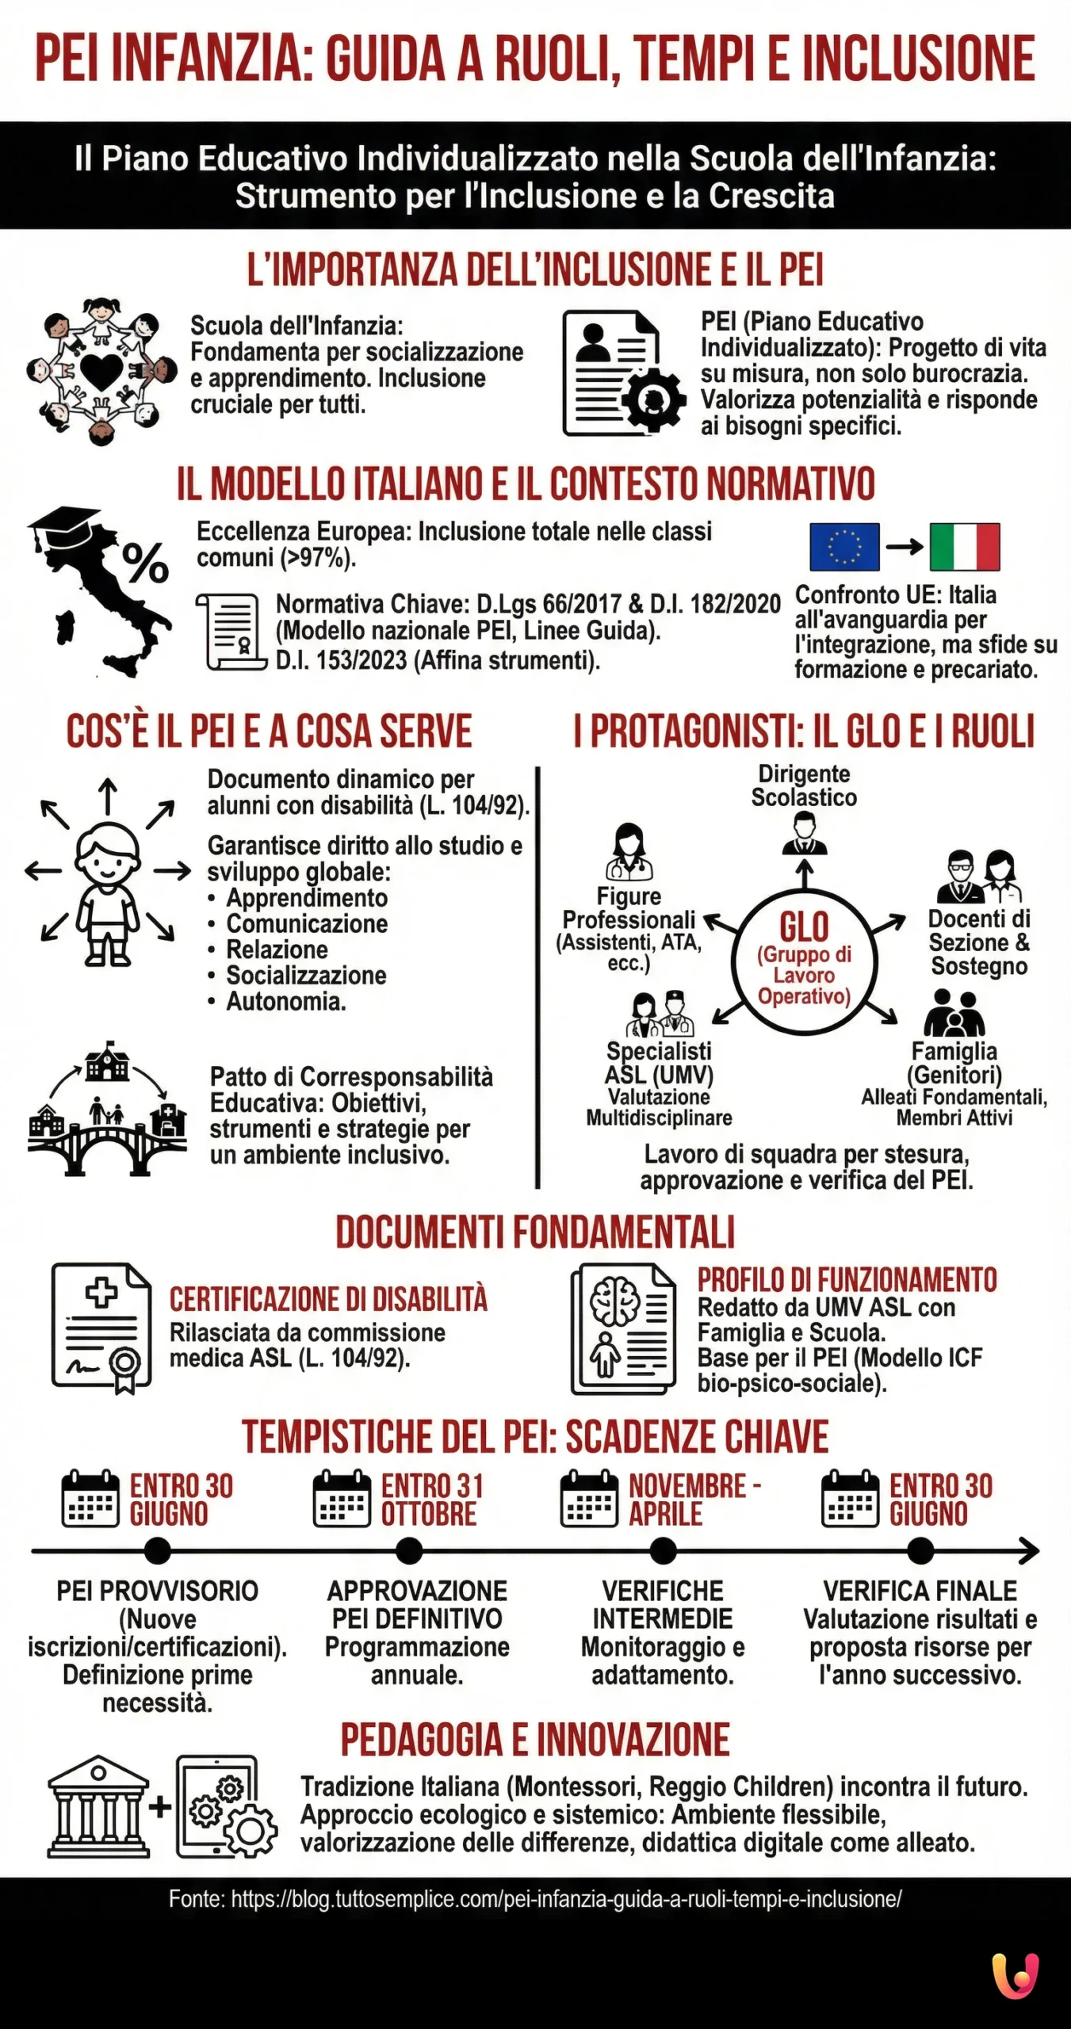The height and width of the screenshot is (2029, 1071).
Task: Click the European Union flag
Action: pyautogui.click(x=844, y=546)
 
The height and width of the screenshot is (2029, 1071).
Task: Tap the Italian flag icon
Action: pyautogui.click(x=964, y=546)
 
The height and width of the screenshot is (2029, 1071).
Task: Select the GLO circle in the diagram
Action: pyautogui.click(x=804, y=961)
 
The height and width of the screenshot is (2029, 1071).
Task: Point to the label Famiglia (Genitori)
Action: pyautogui.click(x=954, y=1063)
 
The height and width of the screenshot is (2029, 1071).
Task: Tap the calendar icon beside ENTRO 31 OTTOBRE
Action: pyautogui.click(x=342, y=1499)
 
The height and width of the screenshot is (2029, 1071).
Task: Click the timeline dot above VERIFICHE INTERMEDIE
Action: pyautogui.click(x=663, y=1550)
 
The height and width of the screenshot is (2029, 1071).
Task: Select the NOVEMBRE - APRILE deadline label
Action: pyautogui.click(x=694, y=1499)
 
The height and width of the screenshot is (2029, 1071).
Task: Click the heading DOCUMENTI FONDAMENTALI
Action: pyautogui.click(x=535, y=1232)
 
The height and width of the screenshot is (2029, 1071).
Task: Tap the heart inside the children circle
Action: pyautogui.click(x=101, y=370)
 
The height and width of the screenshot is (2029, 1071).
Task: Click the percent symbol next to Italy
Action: pyautogui.click(x=145, y=563)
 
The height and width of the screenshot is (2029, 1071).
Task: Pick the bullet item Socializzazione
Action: pyautogui.click(x=306, y=975)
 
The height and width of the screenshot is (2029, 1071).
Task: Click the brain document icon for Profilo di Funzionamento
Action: pyautogui.click(x=624, y=1328)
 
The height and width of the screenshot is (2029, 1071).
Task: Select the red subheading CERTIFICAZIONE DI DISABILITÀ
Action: pyautogui.click(x=328, y=1300)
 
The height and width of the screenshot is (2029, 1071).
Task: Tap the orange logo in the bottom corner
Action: pyautogui.click(x=1015, y=1976)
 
